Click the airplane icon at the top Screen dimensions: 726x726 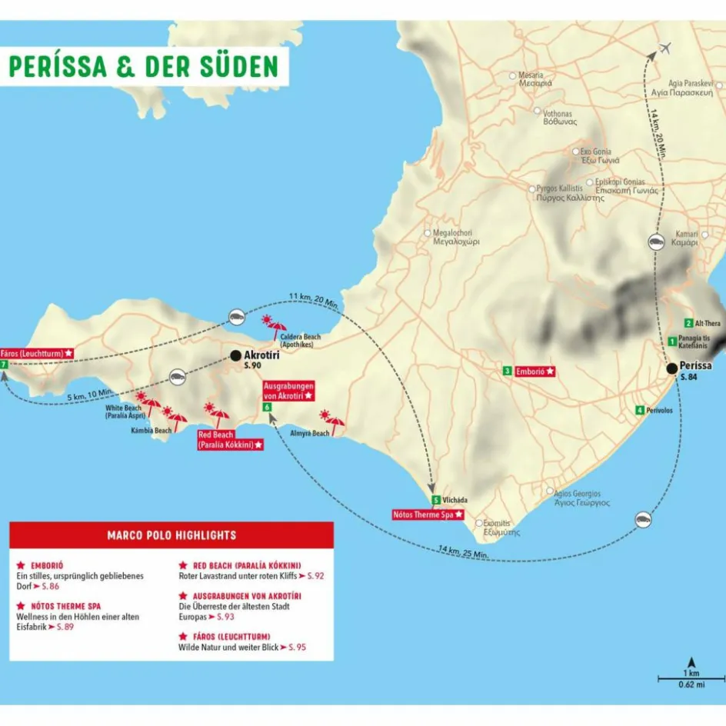pos(665,48)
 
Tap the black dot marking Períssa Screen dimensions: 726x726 pos(672,368)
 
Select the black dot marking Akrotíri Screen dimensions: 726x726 pos(235,356)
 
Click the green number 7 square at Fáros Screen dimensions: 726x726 pos(5,365)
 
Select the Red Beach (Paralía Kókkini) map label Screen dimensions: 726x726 pos(230,440)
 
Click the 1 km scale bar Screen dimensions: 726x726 pos(691,678)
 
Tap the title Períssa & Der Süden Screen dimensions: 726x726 pos(143,66)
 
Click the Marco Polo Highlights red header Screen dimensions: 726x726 pos(172,535)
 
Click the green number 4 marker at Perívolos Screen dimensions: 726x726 pos(639,410)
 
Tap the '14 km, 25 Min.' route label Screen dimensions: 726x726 pos(461,551)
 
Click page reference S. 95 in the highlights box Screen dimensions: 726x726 pos(296,648)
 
